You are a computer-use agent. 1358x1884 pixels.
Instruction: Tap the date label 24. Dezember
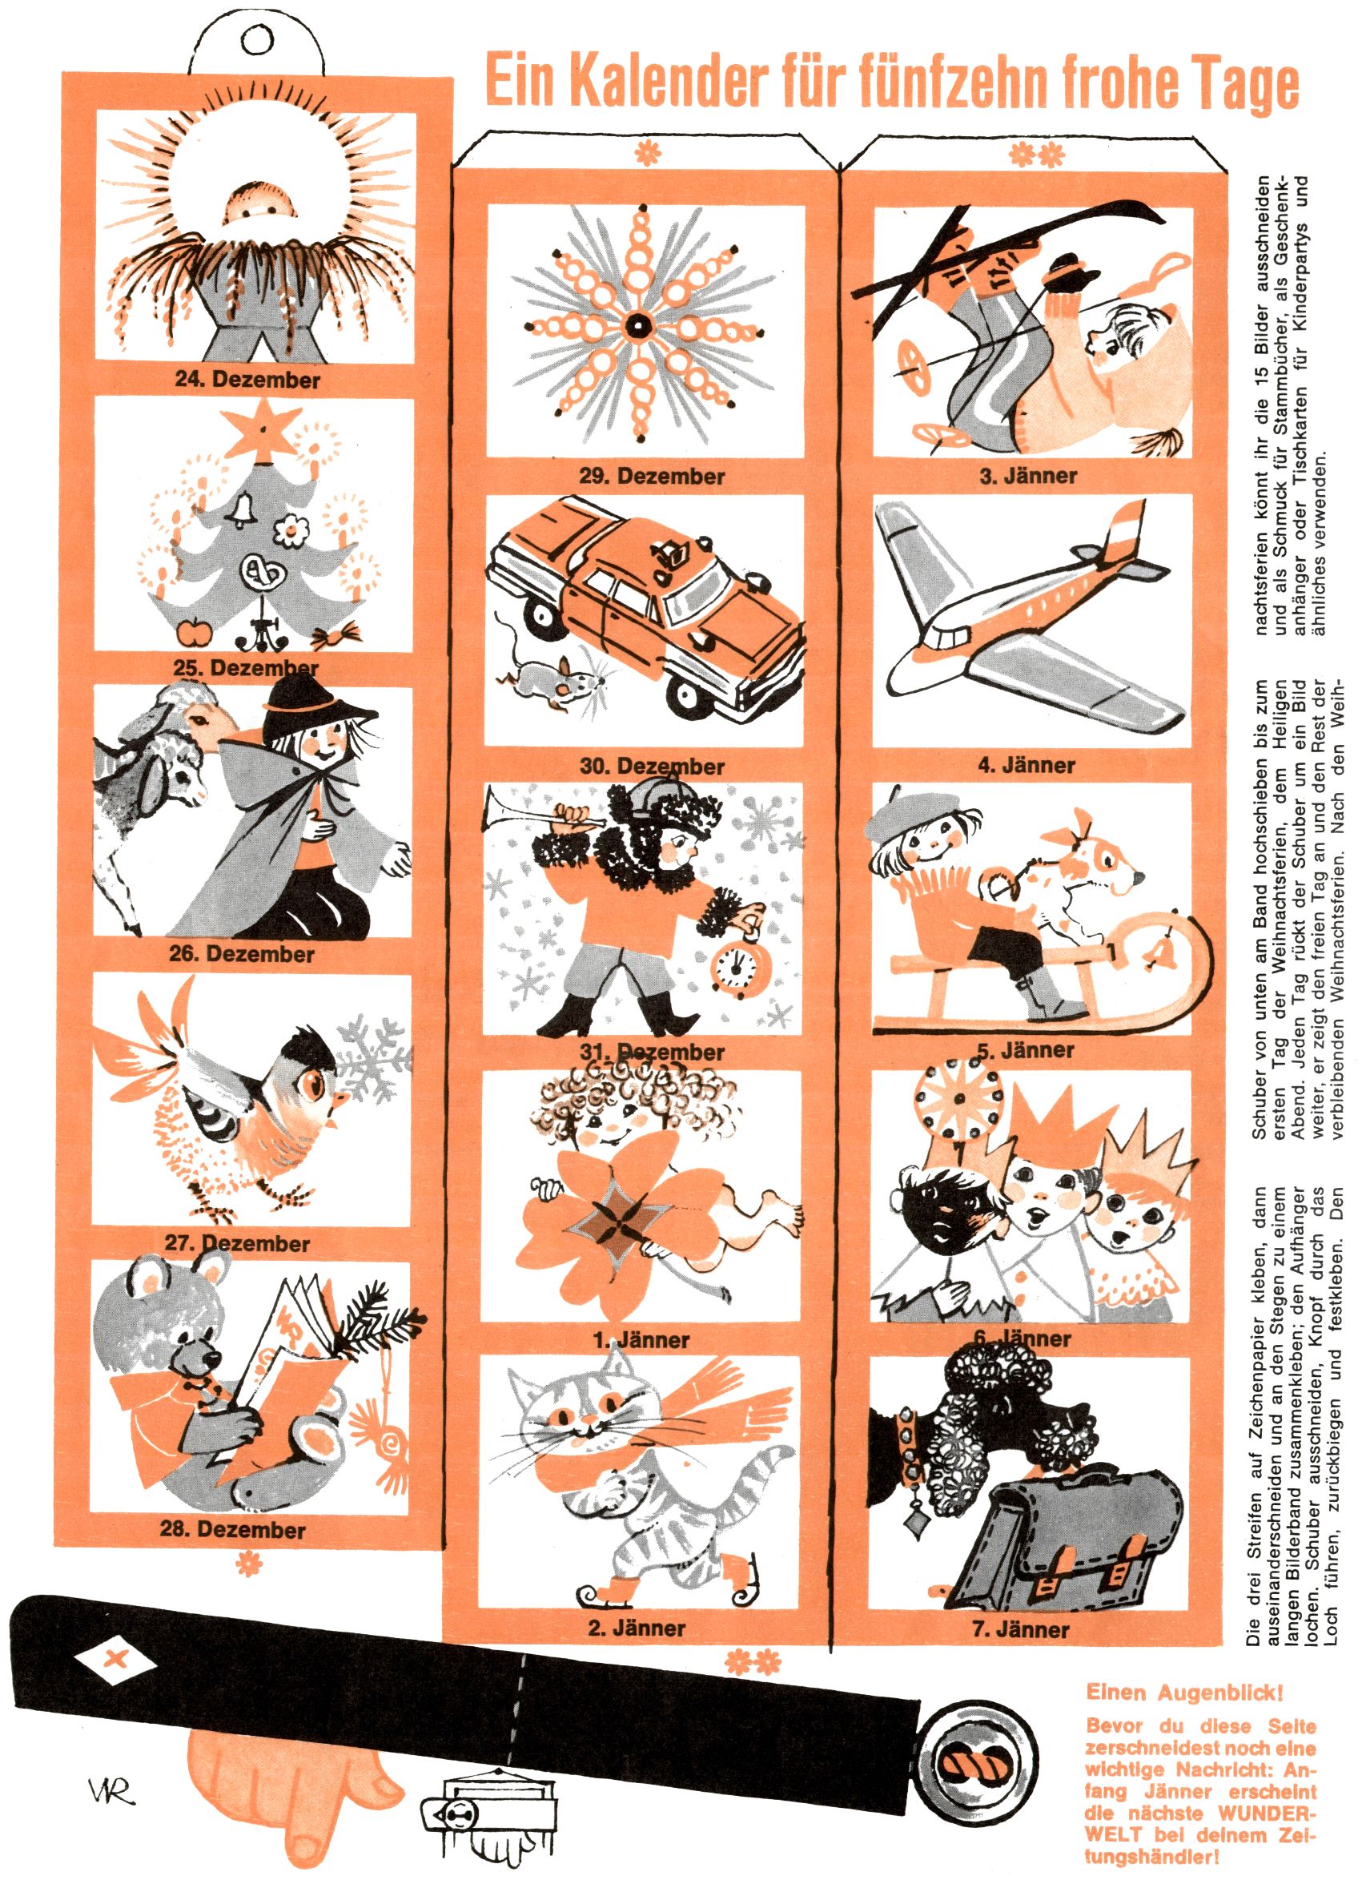pyautogui.click(x=247, y=380)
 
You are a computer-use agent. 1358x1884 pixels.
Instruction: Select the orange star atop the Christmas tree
pyautogui.click(x=264, y=429)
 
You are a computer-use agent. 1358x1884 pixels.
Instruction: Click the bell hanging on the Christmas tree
pyautogui.click(x=243, y=509)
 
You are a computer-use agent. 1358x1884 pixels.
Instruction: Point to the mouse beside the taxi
pyautogui.click(x=552, y=678)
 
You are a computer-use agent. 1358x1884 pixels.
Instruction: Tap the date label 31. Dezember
pyautogui.click(x=652, y=1052)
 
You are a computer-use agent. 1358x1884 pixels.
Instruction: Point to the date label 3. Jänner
pyautogui.click(x=1028, y=476)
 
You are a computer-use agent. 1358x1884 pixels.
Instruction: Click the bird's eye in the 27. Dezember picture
pyautogui.click(x=315, y=1081)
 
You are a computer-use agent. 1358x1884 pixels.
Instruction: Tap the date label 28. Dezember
pyautogui.click(x=232, y=1530)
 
